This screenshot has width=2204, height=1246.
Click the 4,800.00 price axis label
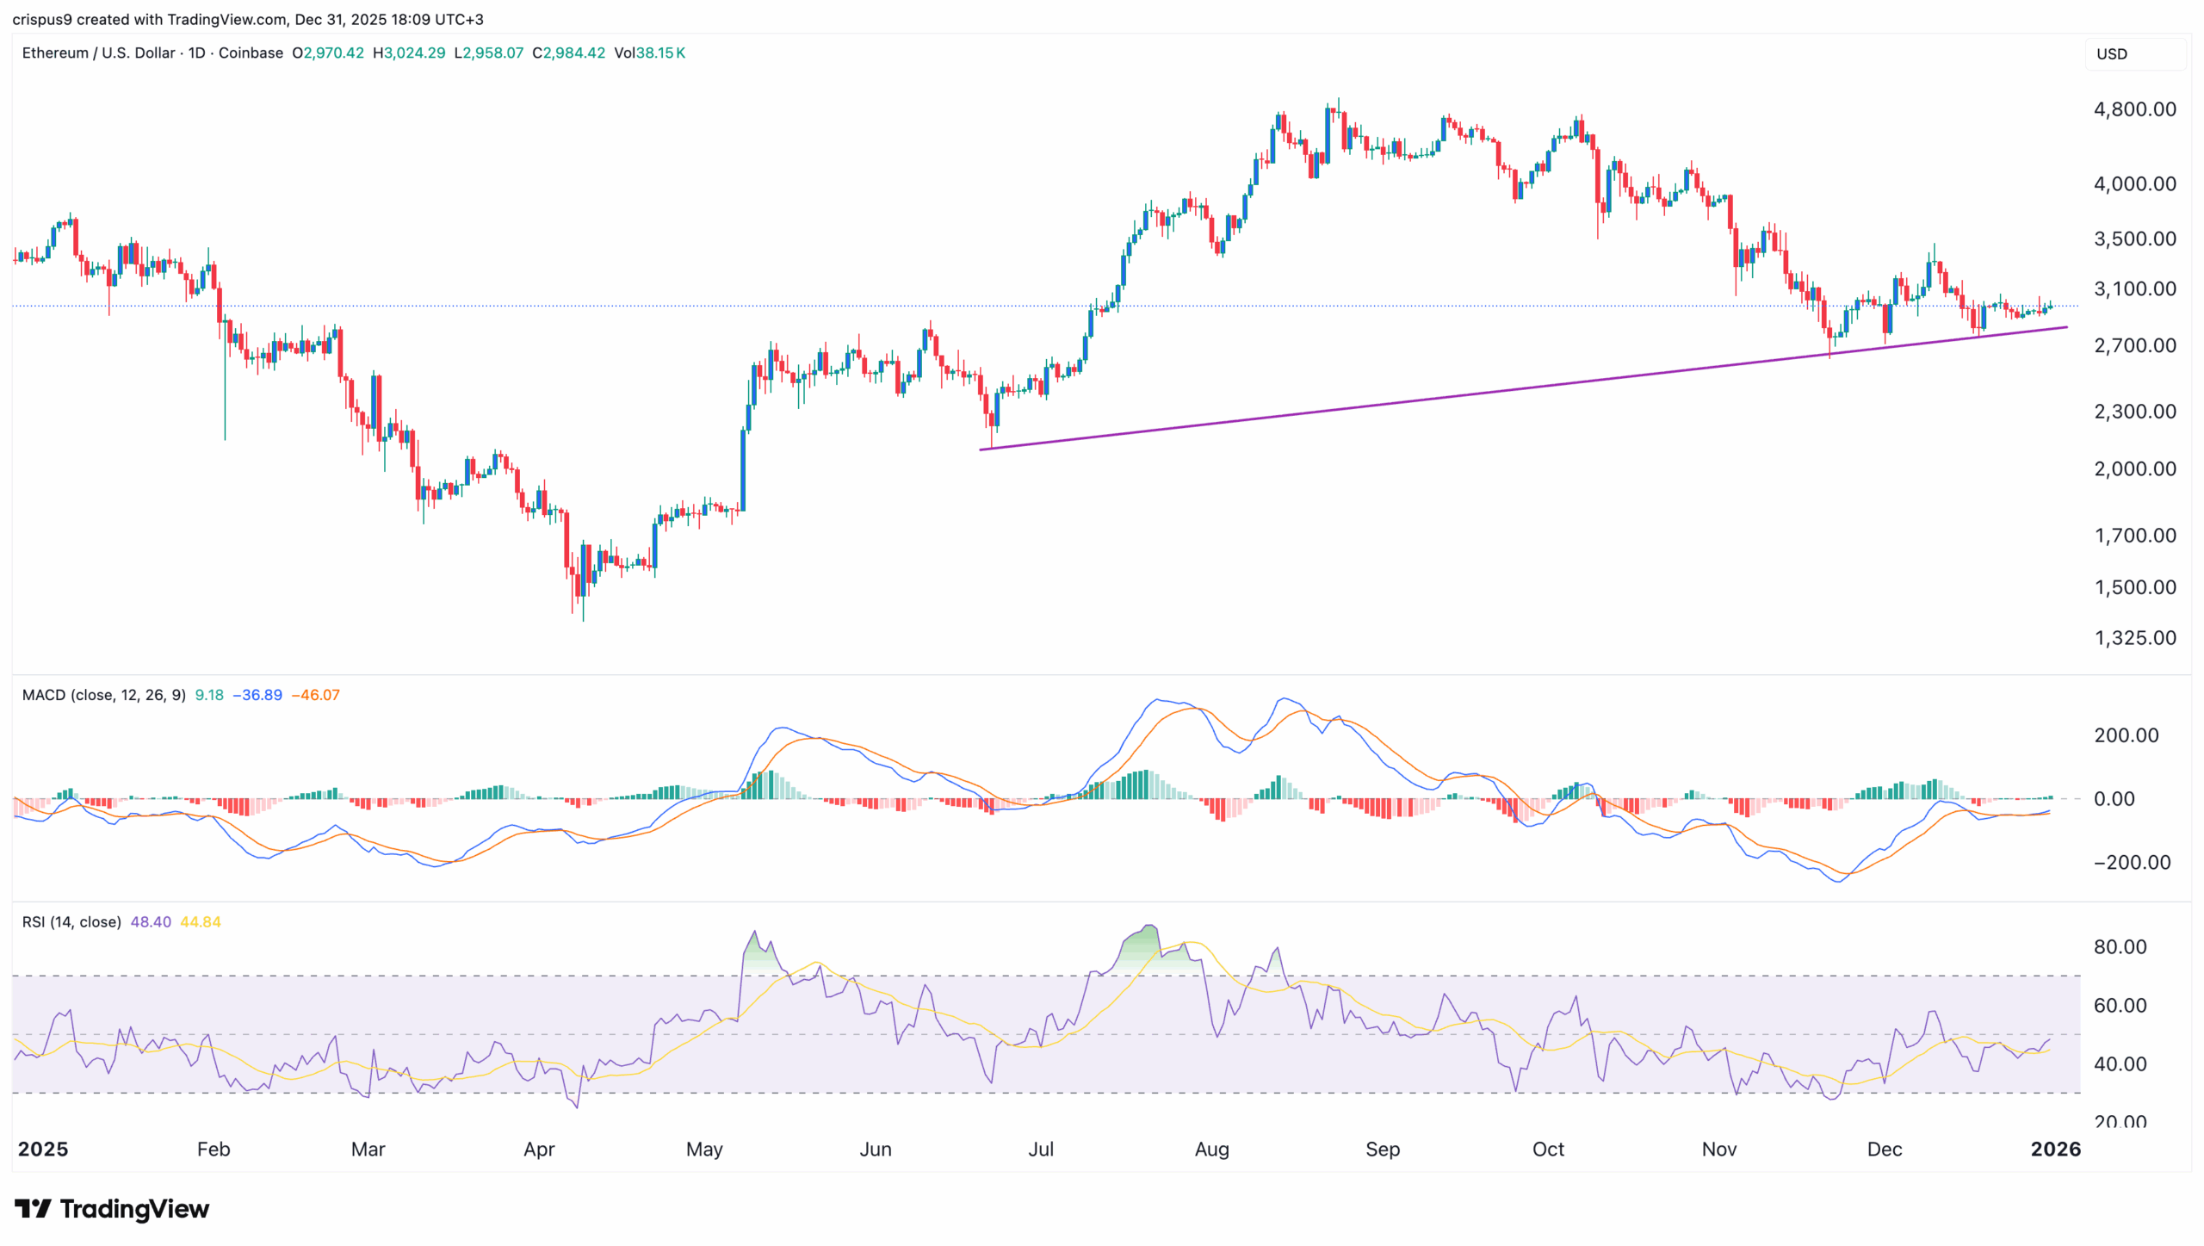pos(2134,109)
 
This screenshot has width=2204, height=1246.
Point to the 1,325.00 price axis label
pos(2134,638)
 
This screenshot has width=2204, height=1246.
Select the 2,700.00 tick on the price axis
pos(2134,345)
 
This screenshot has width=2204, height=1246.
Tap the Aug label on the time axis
pos(1211,1149)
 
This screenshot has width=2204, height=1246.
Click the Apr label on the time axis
pos(539,1149)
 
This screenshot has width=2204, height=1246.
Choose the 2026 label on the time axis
pos(2055,1149)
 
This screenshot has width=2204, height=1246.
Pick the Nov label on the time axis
pos(1718,1149)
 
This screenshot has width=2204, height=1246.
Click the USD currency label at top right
pos(2111,53)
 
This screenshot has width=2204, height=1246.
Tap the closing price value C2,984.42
pos(569,53)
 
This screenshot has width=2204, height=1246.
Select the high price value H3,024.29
pos(409,53)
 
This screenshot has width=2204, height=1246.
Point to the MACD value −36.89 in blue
pos(257,695)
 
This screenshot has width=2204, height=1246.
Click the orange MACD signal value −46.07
pos(315,695)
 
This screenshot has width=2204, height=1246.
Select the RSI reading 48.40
pos(151,922)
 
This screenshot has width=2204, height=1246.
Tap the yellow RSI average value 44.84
pos(201,922)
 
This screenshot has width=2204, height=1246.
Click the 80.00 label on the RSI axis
pos(2120,946)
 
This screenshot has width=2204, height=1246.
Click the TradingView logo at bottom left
pos(112,1209)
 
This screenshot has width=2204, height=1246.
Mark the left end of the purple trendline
pos(981,449)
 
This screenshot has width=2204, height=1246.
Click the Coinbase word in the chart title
pos(251,53)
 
